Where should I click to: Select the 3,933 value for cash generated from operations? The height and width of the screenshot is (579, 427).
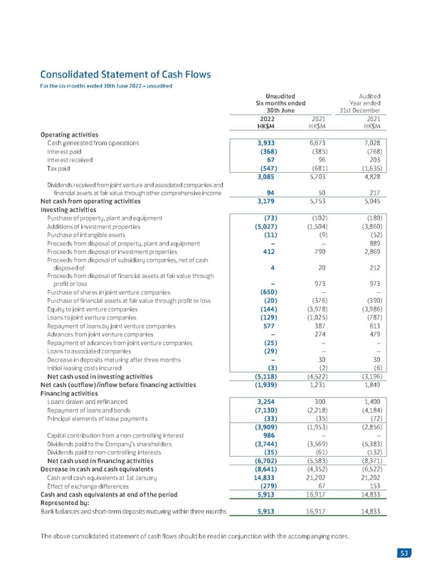pyautogui.click(x=266, y=143)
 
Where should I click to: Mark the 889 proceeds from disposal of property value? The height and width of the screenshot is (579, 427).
pyautogui.click(x=374, y=243)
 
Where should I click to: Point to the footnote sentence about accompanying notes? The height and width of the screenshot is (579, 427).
pyautogui.click(x=194, y=536)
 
